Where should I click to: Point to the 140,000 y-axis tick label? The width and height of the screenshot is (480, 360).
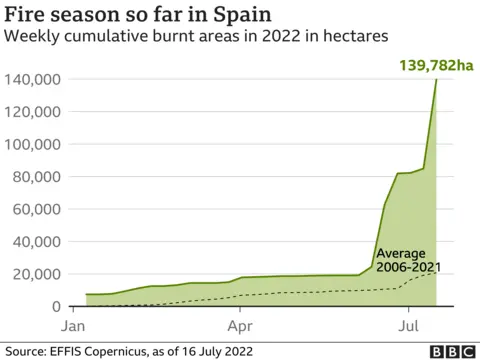(34, 79)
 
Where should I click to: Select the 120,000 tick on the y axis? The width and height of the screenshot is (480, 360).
(34, 112)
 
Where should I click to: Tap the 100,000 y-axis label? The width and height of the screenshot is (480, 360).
(34, 144)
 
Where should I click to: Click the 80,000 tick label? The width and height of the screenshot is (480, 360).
(37, 177)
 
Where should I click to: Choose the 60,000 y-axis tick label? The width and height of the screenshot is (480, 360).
(37, 209)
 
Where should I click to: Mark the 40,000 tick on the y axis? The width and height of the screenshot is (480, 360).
(37, 242)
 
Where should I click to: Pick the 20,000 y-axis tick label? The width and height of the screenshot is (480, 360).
(37, 274)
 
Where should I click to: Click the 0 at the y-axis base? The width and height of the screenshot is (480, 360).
(57, 307)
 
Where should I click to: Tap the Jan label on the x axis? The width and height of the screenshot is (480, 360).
(73, 326)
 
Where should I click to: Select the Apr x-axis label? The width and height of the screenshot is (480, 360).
(240, 326)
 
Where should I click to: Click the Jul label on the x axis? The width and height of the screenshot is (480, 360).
(408, 326)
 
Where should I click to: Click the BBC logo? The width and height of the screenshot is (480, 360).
(451, 351)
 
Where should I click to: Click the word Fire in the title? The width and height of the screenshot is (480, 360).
(26, 15)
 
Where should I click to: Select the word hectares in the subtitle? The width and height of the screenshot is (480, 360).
(353, 38)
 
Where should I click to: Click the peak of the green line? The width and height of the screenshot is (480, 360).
(437, 79)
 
